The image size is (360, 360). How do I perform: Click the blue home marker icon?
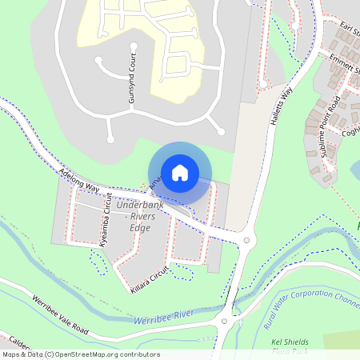tap(180, 172)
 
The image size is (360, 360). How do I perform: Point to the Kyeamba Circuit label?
tap(103, 220)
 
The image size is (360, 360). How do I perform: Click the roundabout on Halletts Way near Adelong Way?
tap(246, 239)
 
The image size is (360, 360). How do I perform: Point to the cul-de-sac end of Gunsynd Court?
tap(98, 60)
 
